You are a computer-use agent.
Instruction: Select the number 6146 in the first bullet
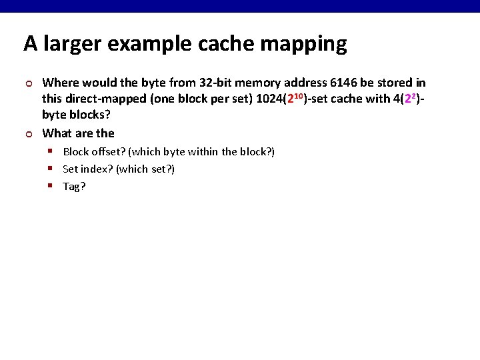coord(343,83)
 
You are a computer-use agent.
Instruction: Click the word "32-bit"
coord(215,83)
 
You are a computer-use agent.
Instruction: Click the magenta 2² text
coord(410,99)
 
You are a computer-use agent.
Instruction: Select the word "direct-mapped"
coord(100,99)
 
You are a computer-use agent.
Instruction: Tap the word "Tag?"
coord(74,187)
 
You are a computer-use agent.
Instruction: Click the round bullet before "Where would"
coord(27,83)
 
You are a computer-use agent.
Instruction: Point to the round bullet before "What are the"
coord(27,133)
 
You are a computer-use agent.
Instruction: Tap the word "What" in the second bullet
coord(56,133)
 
